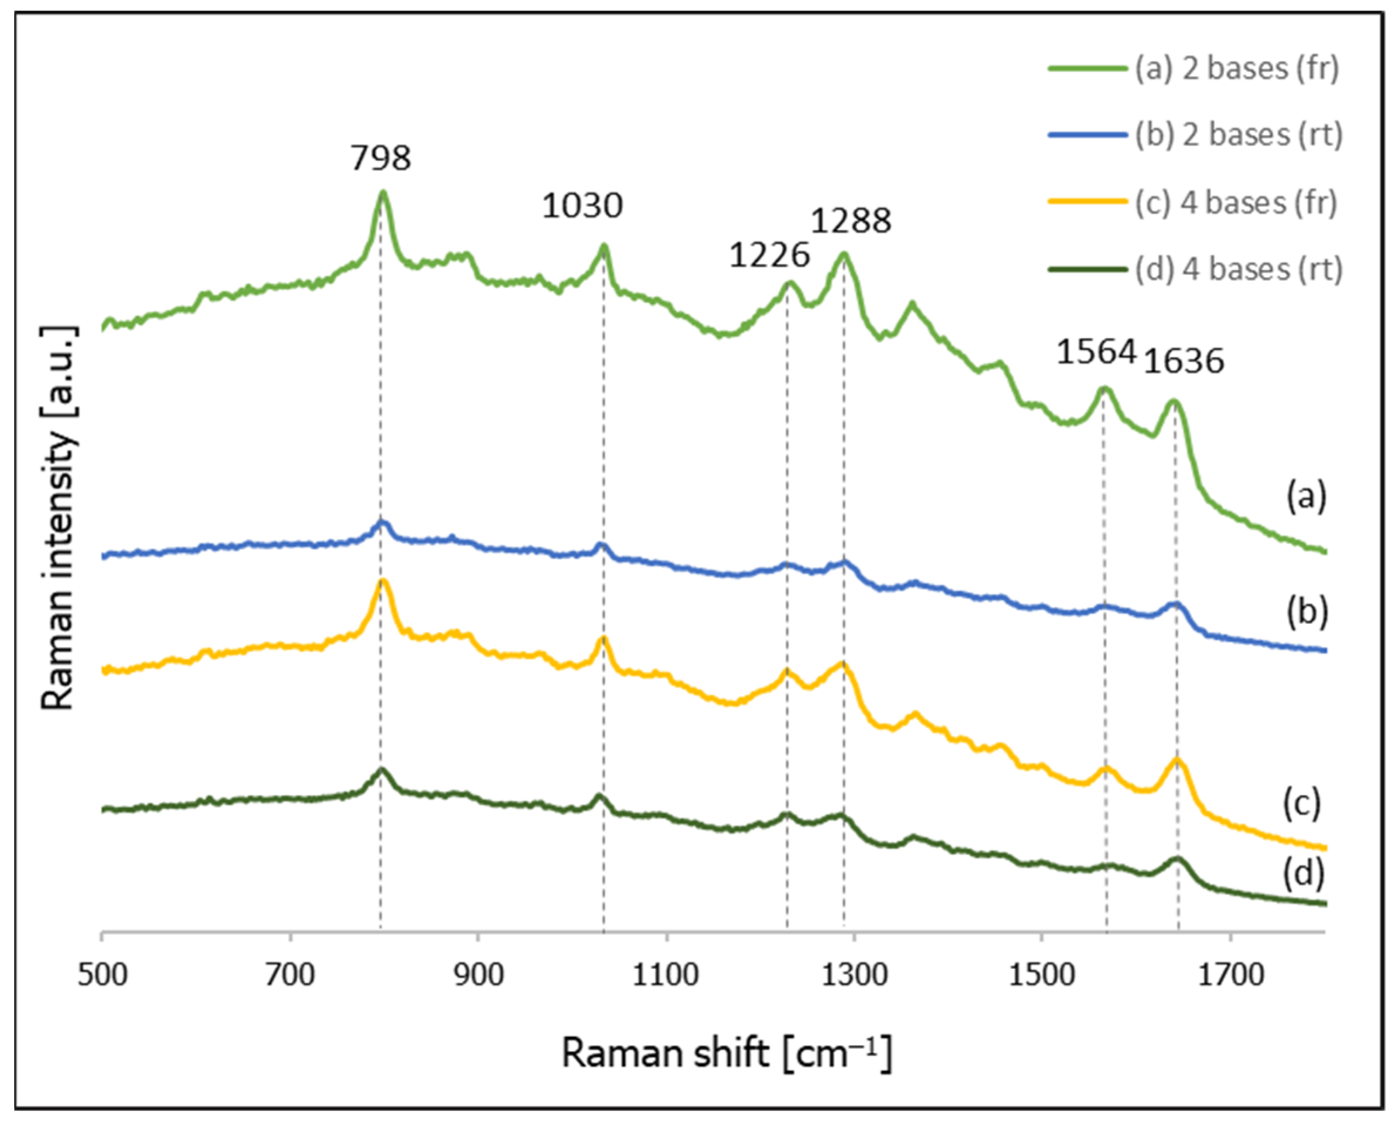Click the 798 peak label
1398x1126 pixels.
(x=381, y=158)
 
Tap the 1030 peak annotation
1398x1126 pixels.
(x=582, y=206)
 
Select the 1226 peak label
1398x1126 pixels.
(x=770, y=255)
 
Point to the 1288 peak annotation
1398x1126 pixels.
(x=851, y=221)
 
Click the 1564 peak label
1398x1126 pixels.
(x=1096, y=352)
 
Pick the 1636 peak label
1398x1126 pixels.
(x=1184, y=361)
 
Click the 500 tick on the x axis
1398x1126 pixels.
(x=102, y=975)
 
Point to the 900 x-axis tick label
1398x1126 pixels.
(x=478, y=975)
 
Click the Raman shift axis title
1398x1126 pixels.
(x=726, y=1052)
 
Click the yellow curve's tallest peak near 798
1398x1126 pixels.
(x=383, y=582)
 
